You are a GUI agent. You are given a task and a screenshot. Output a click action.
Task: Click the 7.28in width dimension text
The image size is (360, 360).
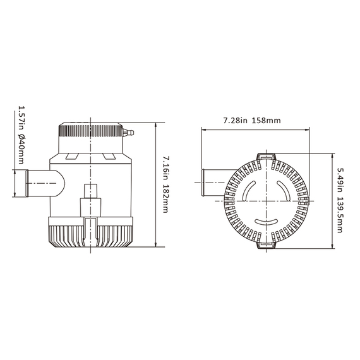coord(236,120)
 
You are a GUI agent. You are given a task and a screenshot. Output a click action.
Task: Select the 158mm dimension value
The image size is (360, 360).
coord(267,120)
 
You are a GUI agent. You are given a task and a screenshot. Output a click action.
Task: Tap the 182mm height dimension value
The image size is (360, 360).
coord(165,200)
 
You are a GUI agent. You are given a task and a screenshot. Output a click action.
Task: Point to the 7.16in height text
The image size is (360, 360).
coord(165,169)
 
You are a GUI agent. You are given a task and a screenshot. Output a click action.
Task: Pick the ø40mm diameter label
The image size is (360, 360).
coord(21,149)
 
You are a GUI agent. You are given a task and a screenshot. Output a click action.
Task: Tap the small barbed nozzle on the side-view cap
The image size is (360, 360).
coord(128,133)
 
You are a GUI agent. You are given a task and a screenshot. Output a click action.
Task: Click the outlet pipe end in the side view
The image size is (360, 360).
coord(27,183)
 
